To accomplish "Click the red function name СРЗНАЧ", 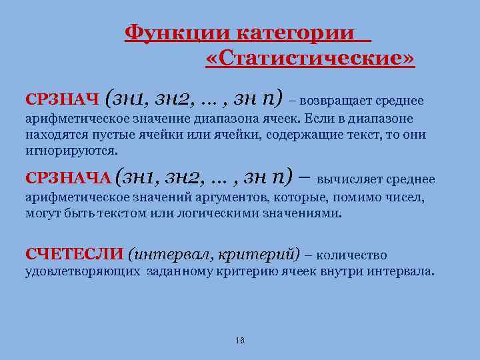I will pyautogui.click(x=62, y=100).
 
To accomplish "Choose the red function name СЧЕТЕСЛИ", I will pyautogui.click(x=74, y=255).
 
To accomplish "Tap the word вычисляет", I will pyautogui.click(x=349, y=180).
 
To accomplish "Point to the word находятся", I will pyautogui.click(x=53, y=135).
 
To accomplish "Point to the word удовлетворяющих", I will pyautogui.click(x=82, y=271).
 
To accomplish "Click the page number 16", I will pyautogui.click(x=240, y=341).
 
